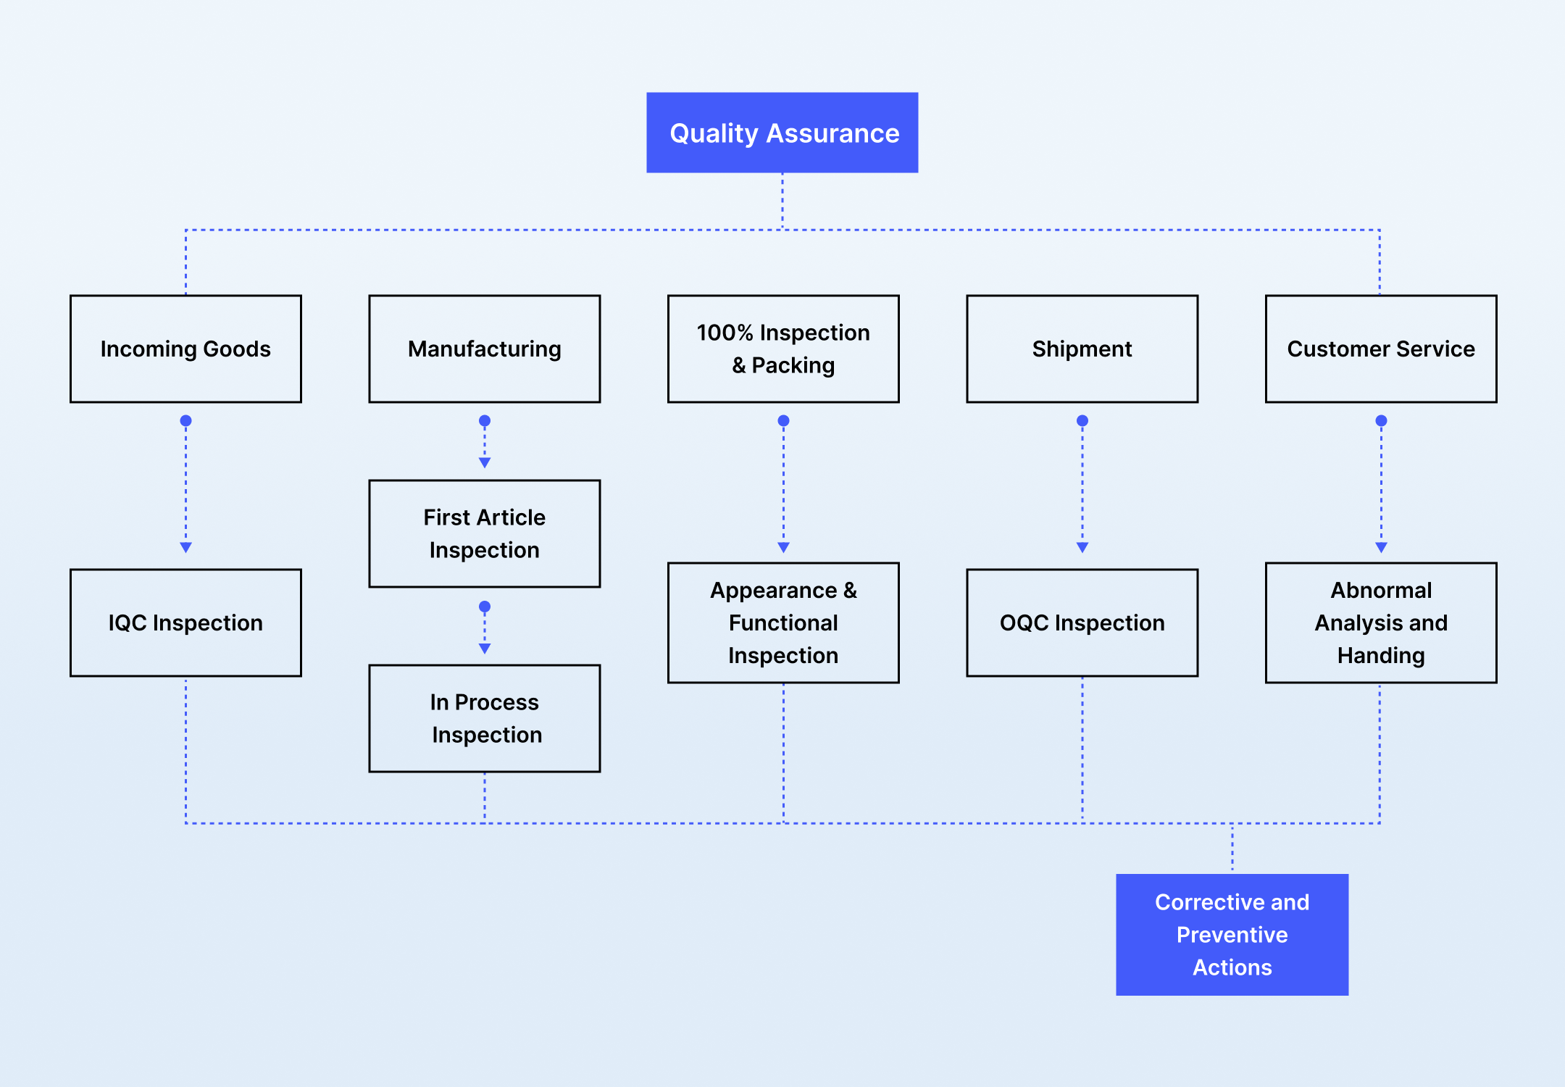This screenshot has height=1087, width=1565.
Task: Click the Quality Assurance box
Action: pos(783,133)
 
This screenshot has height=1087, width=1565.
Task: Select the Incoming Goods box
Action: pos(185,349)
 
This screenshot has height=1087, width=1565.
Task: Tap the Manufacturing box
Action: pos(485,349)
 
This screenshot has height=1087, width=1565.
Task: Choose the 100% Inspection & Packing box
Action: pos(783,349)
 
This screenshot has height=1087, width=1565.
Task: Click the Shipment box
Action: pos(1082,349)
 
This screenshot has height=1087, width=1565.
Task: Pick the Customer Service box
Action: pos(1381,349)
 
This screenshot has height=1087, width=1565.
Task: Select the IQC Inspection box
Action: pos(185,622)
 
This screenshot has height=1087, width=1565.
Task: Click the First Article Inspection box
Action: pos(485,533)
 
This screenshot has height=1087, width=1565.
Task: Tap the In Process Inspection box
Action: pos(485,718)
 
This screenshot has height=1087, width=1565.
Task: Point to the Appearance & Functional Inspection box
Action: pos(783,622)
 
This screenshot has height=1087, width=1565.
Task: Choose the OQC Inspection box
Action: pos(1082,622)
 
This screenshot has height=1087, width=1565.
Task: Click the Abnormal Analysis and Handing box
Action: pos(1381,622)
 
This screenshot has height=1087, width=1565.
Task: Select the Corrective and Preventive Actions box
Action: pos(1232,935)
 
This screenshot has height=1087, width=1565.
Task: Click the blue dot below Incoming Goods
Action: pos(185,420)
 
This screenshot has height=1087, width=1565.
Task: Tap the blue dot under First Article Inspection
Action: pos(485,607)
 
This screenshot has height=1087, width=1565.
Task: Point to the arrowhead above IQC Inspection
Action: pos(185,548)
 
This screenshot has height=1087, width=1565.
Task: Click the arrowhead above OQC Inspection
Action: pos(1082,548)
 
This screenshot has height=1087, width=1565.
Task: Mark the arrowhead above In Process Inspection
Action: pos(485,649)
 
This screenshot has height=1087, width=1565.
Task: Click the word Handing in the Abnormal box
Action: pos(1381,655)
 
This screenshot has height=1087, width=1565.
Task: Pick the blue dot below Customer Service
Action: pos(1381,420)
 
